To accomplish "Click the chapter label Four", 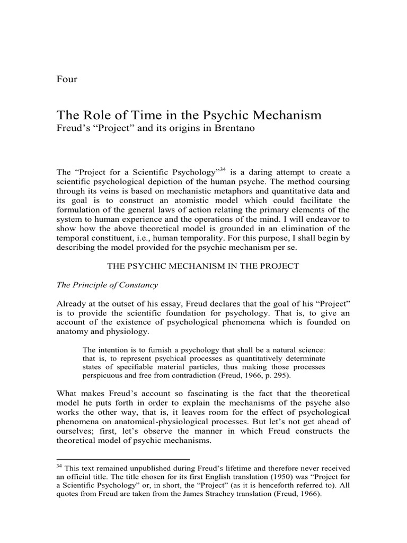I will [67, 80].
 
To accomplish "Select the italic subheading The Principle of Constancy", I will [108, 285].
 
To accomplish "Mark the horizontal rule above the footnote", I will [122, 459].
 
